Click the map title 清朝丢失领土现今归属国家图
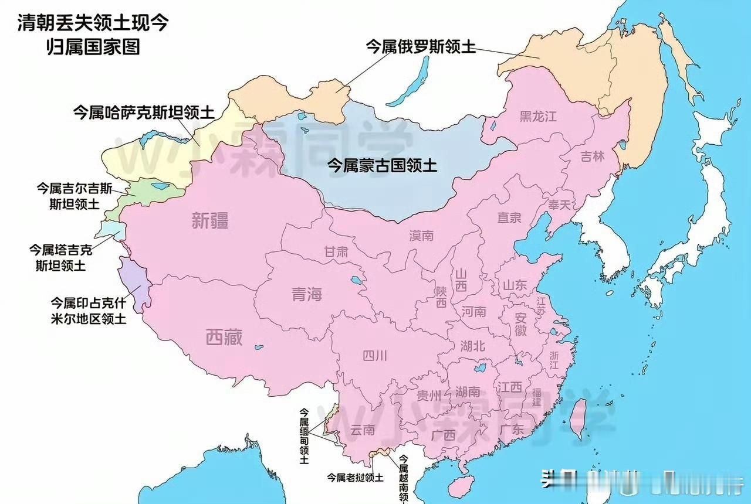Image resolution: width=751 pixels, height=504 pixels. pos(94,34)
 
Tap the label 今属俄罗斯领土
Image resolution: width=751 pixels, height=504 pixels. pos(420,46)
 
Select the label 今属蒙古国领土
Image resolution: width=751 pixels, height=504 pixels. pos(381,166)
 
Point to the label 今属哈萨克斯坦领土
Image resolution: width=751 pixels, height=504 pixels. pos(143,113)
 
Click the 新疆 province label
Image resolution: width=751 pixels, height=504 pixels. pos(209,221)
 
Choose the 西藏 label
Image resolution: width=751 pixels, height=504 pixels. pos(224,338)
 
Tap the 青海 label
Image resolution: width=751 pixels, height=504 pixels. pos(307,294)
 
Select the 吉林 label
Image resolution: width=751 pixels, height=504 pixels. pos(592,157)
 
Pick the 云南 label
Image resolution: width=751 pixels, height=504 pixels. pos(362,430)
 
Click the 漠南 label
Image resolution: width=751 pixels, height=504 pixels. pos(421,236)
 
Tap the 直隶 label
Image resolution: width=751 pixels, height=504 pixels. pos(509,218)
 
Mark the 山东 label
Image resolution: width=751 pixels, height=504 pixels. pos(515,285)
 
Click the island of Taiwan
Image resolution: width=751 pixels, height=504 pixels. pos(577,418)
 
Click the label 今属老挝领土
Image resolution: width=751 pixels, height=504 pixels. pos(355,478)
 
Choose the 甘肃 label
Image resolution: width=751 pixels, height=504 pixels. pos(336,252)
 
